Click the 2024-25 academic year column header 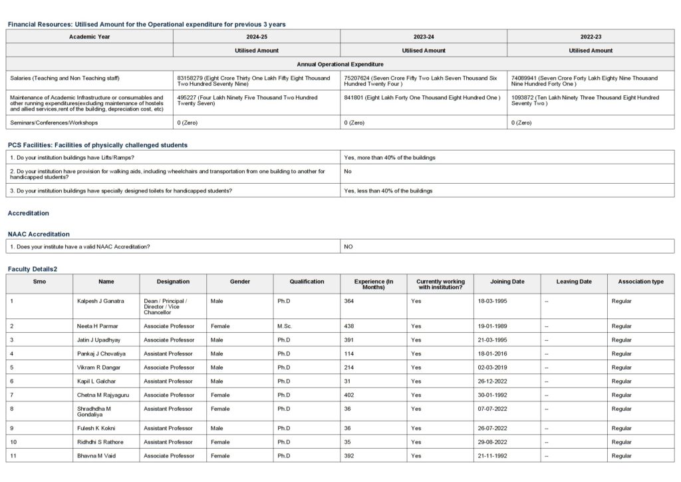(256, 37)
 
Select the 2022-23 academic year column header (591, 37)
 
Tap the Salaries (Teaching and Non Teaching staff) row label (65, 78)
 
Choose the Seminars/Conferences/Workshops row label (54, 122)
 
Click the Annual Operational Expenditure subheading (340, 64)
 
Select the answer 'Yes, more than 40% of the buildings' (390, 158)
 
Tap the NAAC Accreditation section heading (39, 234)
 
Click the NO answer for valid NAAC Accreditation (348, 246)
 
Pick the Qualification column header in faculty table (307, 282)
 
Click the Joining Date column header (507, 282)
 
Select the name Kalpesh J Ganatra (100, 302)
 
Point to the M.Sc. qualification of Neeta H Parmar (285, 326)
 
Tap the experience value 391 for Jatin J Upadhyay (349, 340)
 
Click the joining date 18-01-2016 (492, 354)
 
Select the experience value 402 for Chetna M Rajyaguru (349, 395)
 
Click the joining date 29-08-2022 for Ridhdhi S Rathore (492, 442)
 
